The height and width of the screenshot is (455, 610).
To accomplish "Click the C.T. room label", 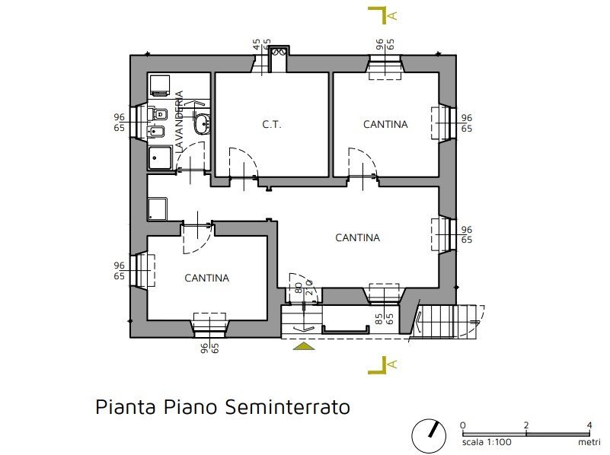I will (272, 124).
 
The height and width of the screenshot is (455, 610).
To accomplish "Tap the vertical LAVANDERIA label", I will (180, 123).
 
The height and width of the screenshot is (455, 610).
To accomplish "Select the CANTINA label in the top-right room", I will (385, 124).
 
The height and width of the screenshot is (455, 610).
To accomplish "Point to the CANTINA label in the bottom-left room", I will (206, 278).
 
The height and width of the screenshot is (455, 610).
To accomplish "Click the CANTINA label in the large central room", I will (357, 238).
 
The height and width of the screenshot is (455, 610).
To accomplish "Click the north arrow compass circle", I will (429, 435).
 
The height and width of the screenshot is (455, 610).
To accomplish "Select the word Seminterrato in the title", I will (289, 407).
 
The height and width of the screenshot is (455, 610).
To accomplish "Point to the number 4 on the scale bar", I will (589, 425).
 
